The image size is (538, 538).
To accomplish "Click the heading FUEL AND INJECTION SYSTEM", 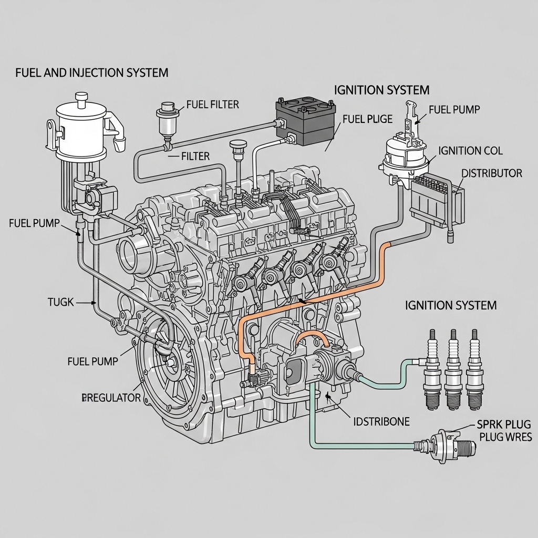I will (x=92, y=73).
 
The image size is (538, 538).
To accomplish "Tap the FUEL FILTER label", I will (x=212, y=105).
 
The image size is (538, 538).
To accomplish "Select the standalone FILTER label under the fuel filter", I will (x=195, y=156).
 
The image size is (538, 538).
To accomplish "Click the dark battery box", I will (x=306, y=122).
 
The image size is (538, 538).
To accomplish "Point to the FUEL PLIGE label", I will (x=367, y=119).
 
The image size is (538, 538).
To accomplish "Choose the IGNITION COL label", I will (x=470, y=151).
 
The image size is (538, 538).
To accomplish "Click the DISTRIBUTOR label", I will (x=491, y=173).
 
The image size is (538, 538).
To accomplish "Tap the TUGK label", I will (x=61, y=302).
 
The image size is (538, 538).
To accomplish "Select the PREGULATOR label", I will (x=111, y=398).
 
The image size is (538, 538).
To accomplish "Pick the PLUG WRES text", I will (x=505, y=437).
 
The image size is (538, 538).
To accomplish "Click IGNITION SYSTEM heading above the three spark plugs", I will (x=451, y=305).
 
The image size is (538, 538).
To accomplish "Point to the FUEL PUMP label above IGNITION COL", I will (x=454, y=109).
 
